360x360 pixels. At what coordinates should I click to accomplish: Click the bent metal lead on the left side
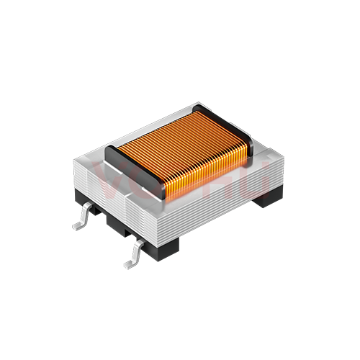tap(86, 215)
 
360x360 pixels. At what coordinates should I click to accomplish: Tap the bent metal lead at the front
tap(135, 253)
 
